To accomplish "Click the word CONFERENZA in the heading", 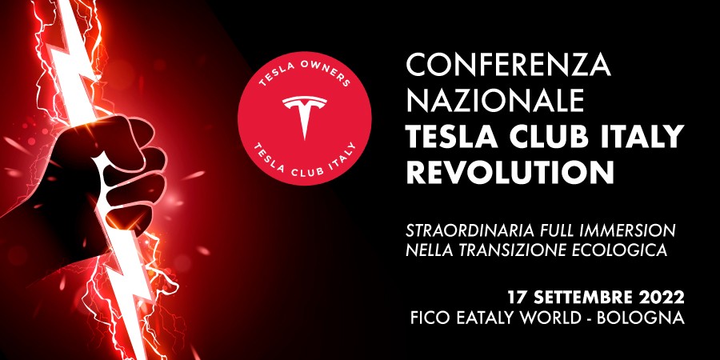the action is (x=508, y=66).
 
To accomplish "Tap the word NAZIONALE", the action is (x=495, y=101).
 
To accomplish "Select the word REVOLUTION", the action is (x=510, y=172).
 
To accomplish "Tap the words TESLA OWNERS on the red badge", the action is (x=305, y=74).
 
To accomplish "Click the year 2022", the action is (x=663, y=297).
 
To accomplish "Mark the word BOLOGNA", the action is (x=641, y=318).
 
